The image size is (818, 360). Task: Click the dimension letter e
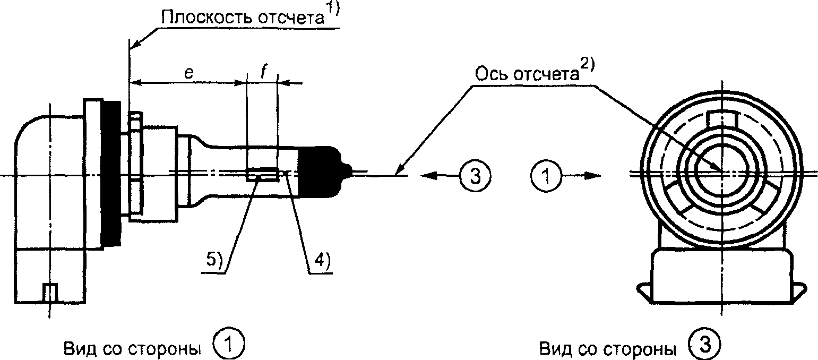coord(189,73)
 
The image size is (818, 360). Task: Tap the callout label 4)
coord(322,260)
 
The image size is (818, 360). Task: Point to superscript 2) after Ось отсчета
coord(587,66)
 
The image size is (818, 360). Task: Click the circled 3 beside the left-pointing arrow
coord(475,176)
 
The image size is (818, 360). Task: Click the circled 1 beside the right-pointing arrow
coord(546,176)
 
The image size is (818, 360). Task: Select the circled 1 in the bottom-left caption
coord(229,344)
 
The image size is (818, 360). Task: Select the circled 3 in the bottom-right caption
coord(704,344)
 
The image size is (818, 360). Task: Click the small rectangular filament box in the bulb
coord(263,175)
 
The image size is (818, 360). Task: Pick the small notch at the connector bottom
coord(50,292)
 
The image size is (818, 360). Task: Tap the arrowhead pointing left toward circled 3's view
coord(429,176)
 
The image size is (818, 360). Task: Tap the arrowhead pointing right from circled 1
coord(591,176)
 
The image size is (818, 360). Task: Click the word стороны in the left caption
coord(166,349)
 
